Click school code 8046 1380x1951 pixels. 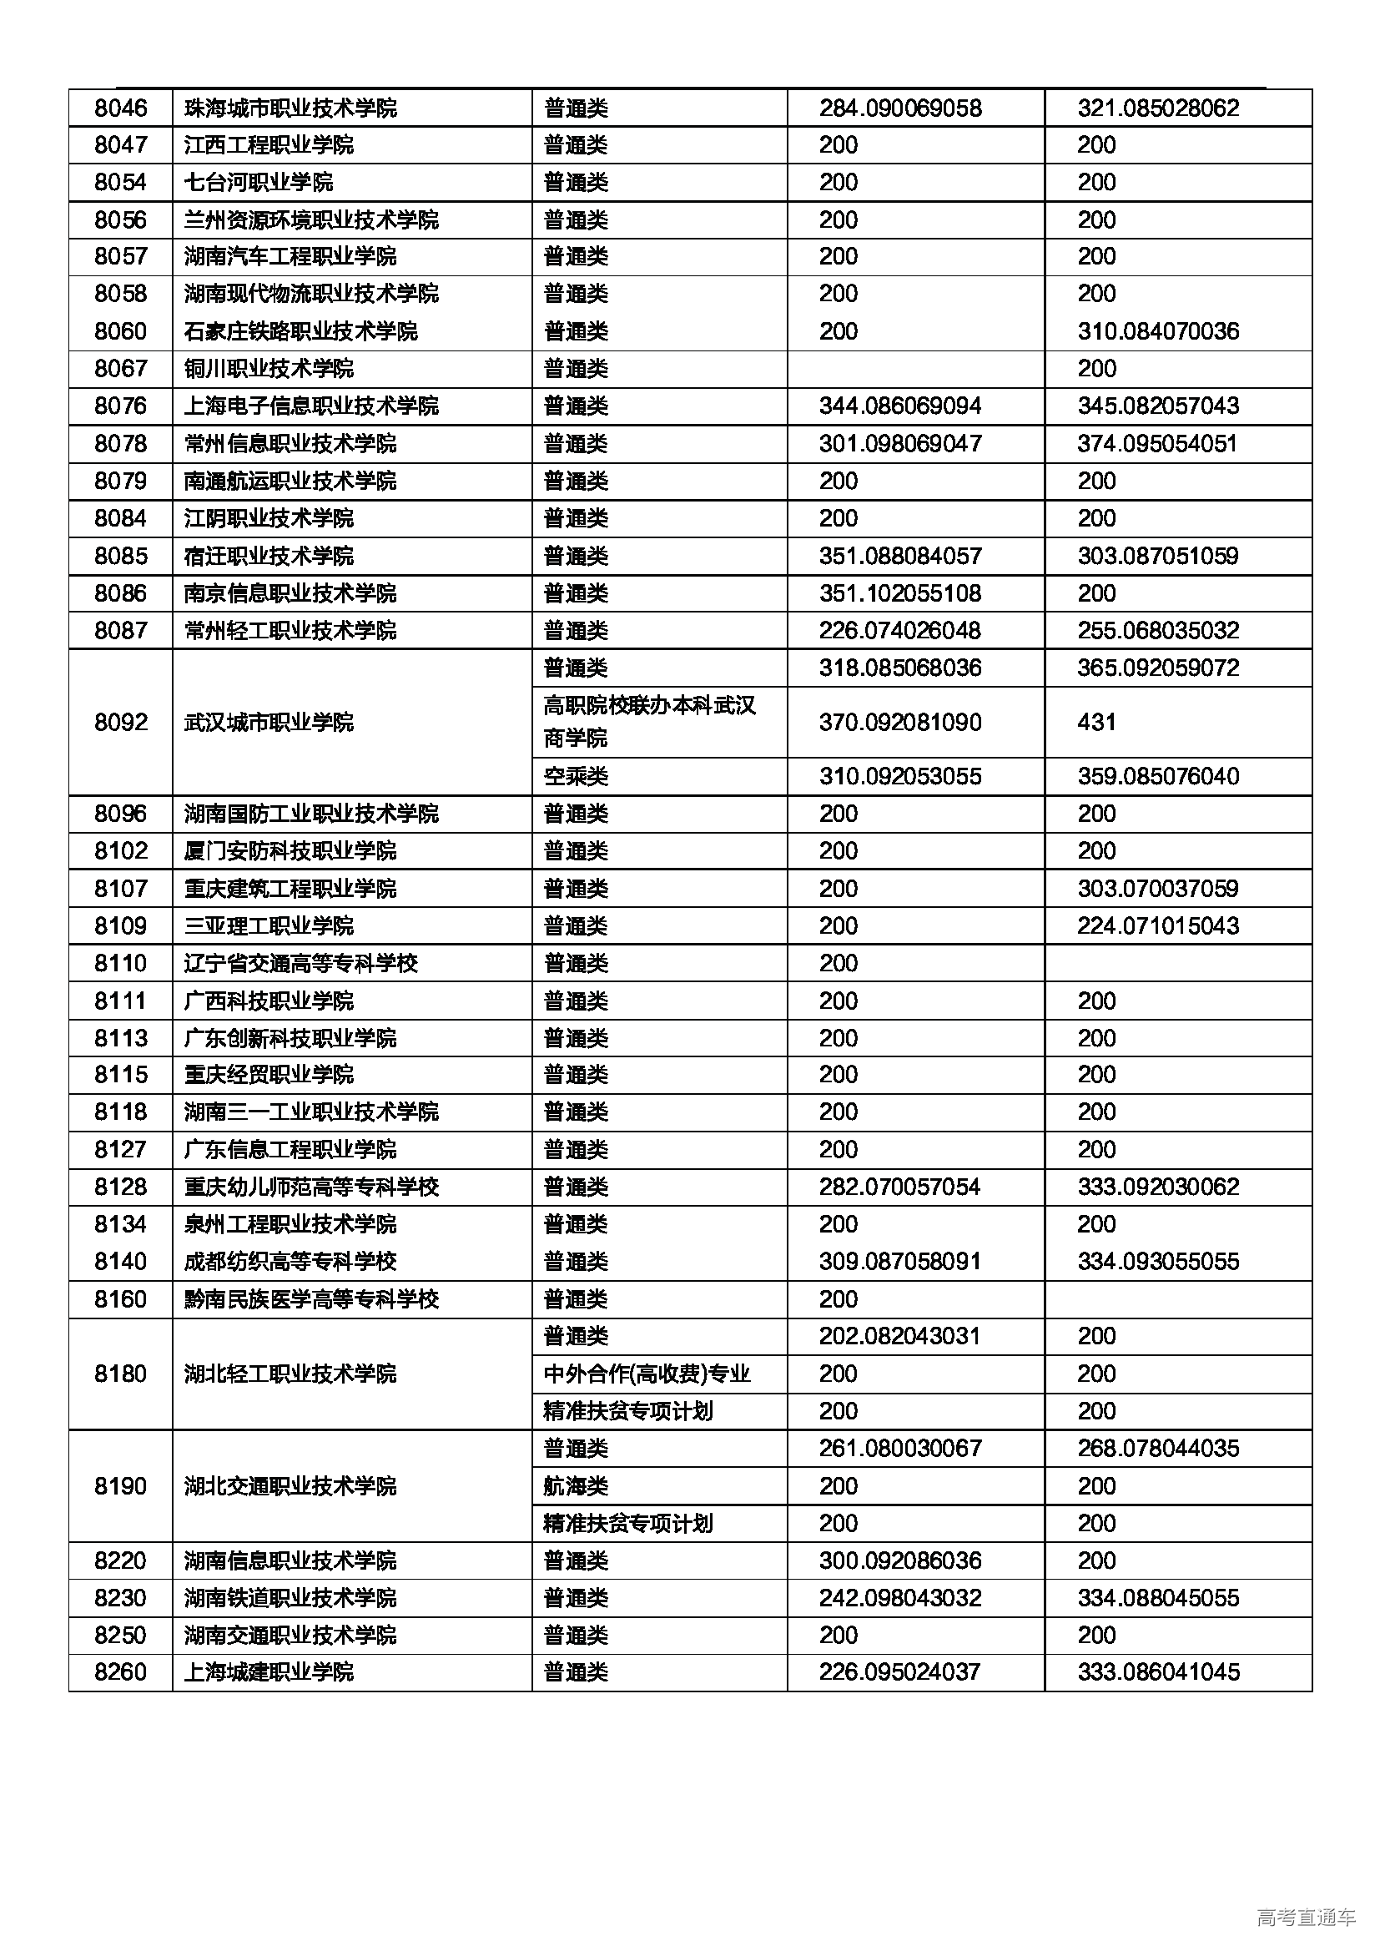tap(121, 108)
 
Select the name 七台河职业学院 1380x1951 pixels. tap(259, 182)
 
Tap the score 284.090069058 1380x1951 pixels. tap(900, 108)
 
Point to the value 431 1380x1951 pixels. tap(1096, 723)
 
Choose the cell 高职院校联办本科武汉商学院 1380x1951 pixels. tap(649, 722)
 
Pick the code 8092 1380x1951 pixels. tap(121, 723)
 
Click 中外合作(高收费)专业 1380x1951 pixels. tap(647, 1374)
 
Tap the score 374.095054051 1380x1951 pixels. tap(1157, 444)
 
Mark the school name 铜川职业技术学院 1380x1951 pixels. tap(269, 369)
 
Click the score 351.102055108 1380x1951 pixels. tap(900, 593)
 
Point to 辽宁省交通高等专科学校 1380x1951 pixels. tap(301, 964)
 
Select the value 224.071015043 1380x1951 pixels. tap(1158, 926)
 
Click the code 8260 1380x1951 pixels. tap(121, 1673)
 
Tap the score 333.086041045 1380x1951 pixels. tap(1158, 1673)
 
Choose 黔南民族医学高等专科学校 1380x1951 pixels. tap(311, 1299)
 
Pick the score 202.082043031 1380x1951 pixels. tap(900, 1337)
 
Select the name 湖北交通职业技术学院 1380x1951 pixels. tap(290, 1486)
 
